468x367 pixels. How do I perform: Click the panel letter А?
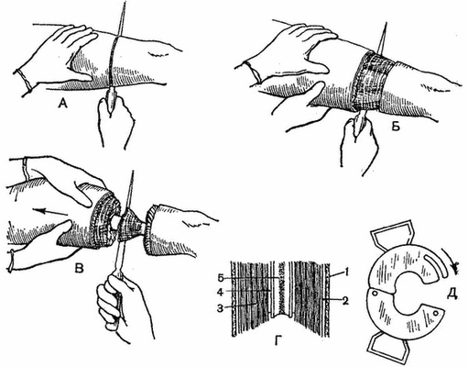tap(62, 105)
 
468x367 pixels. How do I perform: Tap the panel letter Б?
tap(396, 127)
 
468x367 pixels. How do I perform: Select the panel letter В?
tap(79, 268)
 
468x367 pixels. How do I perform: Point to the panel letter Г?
tap(278, 340)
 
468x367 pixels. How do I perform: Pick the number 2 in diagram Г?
tap(344, 301)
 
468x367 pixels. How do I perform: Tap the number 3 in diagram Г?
tap(221, 308)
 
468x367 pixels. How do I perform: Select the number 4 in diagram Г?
tap(221, 293)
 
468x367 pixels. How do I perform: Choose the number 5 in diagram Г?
tap(221, 278)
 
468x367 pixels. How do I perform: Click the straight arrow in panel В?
tap(49, 212)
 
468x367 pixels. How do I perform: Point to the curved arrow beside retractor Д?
tap(450, 255)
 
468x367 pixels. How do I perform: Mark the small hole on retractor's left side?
tap(375, 294)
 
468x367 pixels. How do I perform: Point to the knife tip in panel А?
tap(124, 3)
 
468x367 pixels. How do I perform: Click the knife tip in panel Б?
tap(386, 24)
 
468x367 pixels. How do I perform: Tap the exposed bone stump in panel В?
tap(115, 223)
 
